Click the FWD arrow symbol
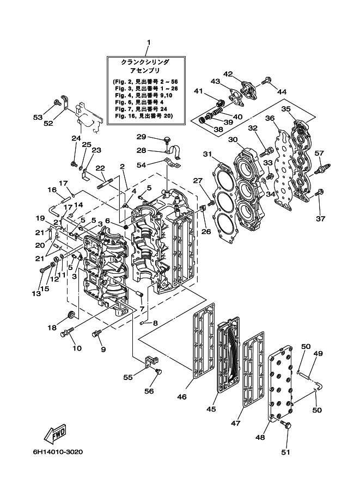click(x=56, y=433)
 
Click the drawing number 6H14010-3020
click(x=58, y=452)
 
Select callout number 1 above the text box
click(x=149, y=42)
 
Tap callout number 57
click(x=319, y=153)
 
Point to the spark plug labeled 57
click(x=322, y=168)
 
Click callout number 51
click(x=286, y=452)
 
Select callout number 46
click(x=182, y=396)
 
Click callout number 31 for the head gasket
click(x=208, y=154)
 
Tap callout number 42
click(x=228, y=74)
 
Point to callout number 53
click(x=38, y=118)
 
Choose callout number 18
click(x=52, y=327)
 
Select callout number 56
click(x=149, y=391)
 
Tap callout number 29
click(x=141, y=137)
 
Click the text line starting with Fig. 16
click(x=144, y=116)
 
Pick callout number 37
click(x=321, y=218)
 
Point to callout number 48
click(x=260, y=438)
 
